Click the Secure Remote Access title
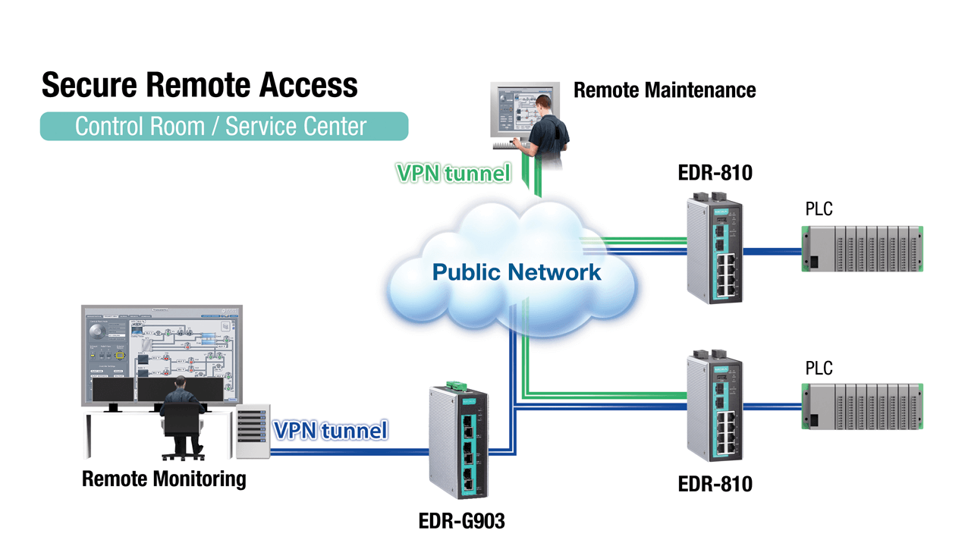click(x=199, y=85)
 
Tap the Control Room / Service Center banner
click(x=224, y=126)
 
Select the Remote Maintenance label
click(x=665, y=90)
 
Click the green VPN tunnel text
click(x=453, y=173)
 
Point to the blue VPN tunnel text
click(x=330, y=431)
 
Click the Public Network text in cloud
click(x=517, y=271)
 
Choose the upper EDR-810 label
click(x=715, y=173)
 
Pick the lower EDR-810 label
click(x=715, y=484)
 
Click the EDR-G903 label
click(x=461, y=521)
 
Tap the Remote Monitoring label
click(x=164, y=479)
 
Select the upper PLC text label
click(x=819, y=209)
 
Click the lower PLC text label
click(x=819, y=369)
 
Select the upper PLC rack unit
click(x=863, y=249)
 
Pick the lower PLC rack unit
click(x=863, y=406)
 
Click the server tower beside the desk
click(x=252, y=431)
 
